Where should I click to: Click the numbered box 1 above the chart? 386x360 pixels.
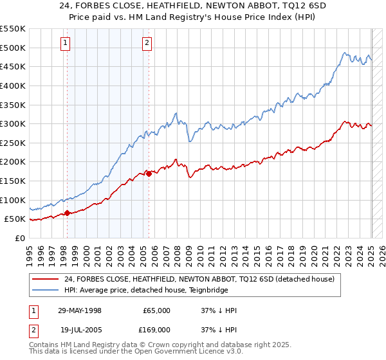click(66, 43)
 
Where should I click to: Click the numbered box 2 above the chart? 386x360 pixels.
click(147, 43)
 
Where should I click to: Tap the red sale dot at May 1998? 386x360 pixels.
click(67, 213)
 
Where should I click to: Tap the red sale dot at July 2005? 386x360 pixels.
click(149, 173)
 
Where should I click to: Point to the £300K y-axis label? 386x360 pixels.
click(12, 123)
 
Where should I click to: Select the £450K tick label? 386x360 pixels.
click(12, 66)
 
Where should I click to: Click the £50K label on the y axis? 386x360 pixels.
click(15, 219)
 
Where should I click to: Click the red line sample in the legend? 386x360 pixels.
click(44, 280)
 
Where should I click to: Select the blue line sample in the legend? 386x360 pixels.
click(44, 290)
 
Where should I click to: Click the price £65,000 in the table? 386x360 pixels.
click(156, 310)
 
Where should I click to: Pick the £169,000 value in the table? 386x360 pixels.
click(156, 330)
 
